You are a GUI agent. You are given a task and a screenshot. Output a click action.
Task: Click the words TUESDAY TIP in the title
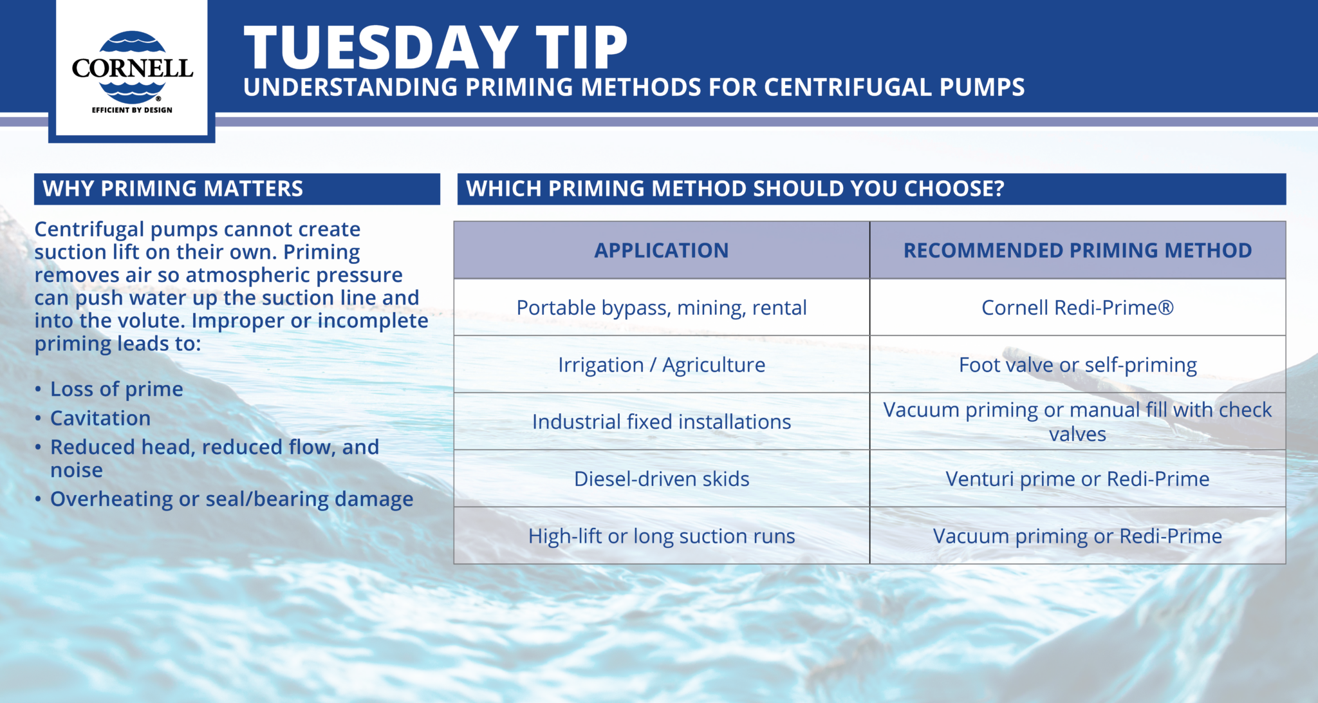[436, 48]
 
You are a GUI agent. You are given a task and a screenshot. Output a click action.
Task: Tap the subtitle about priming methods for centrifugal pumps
[633, 88]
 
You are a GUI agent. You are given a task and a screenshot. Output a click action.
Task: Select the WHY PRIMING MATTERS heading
[172, 189]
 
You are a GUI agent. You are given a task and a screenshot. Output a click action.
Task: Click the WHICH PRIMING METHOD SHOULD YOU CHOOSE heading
[734, 189]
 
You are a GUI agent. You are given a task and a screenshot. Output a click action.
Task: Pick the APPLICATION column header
[661, 250]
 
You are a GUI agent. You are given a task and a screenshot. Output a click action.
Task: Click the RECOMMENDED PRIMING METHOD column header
[1077, 250]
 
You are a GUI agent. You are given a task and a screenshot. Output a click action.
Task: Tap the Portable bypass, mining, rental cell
[661, 308]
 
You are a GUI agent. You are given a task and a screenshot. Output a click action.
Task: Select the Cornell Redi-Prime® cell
[1077, 308]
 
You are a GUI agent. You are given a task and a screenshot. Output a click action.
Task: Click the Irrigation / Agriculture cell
[661, 365]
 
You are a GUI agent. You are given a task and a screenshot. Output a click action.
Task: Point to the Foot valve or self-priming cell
[1077, 365]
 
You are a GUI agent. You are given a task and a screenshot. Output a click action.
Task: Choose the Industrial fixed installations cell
[661, 422]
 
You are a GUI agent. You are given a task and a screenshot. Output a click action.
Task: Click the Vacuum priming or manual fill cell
[1077, 422]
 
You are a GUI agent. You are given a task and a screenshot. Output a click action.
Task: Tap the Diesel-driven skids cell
[661, 479]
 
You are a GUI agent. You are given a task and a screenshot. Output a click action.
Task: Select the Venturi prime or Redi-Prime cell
[1077, 479]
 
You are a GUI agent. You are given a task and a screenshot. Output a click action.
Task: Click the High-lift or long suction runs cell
[661, 536]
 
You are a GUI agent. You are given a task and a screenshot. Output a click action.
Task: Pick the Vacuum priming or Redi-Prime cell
[1077, 536]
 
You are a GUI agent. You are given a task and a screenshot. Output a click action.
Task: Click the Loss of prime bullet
[116, 389]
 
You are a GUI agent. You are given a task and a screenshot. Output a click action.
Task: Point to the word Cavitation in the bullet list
[100, 418]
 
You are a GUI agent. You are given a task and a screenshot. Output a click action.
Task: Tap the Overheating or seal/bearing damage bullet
[232, 499]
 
